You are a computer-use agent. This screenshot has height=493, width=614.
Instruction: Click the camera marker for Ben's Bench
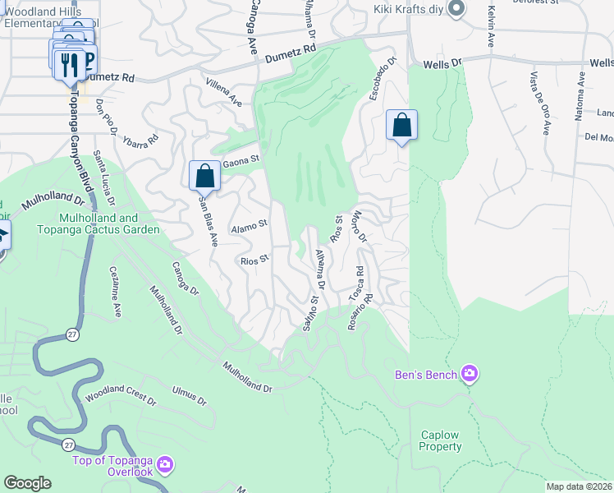(x=470, y=375)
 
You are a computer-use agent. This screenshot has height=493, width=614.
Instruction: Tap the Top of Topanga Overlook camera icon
(x=165, y=466)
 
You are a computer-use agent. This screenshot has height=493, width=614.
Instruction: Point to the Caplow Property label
(x=440, y=440)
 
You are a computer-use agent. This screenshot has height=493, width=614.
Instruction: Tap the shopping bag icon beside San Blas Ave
(x=204, y=176)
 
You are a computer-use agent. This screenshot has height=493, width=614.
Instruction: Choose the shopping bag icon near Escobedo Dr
(x=402, y=126)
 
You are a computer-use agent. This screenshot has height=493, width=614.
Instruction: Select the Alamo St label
(x=250, y=223)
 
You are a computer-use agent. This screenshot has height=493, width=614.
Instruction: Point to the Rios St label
(x=254, y=260)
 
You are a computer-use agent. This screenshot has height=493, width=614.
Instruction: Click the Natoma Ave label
(x=579, y=95)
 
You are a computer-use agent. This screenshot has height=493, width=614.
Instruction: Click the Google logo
(x=27, y=483)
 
